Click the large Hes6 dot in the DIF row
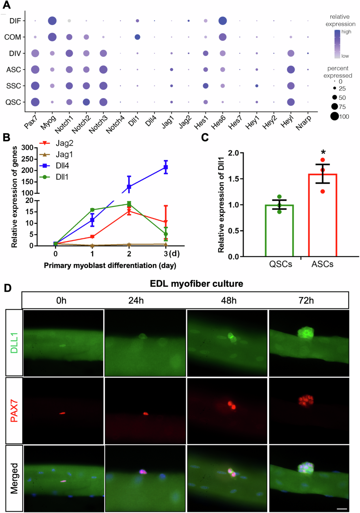[222, 21]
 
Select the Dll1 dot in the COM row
[137, 37]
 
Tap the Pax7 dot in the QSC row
[35, 102]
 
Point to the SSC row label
[13, 86]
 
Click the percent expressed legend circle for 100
[334, 116]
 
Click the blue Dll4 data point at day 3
[166, 167]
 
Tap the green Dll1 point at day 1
[92, 210]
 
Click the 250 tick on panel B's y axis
[27, 159]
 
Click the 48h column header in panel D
[229, 301]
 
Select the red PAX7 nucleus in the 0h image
[62, 413]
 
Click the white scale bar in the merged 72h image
[342, 508]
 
